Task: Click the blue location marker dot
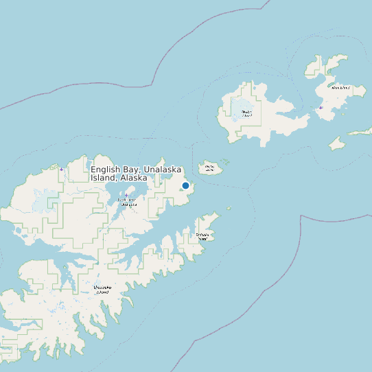(x=185, y=185)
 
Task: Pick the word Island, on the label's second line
(x=103, y=177)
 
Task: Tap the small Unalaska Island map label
(x=102, y=290)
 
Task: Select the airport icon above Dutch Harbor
(x=126, y=195)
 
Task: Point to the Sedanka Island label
(x=202, y=236)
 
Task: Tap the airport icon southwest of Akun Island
(x=321, y=108)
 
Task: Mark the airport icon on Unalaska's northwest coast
(x=61, y=169)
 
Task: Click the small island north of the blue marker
(x=209, y=167)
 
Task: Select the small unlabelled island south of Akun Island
(x=336, y=143)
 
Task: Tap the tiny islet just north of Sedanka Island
(x=229, y=209)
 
